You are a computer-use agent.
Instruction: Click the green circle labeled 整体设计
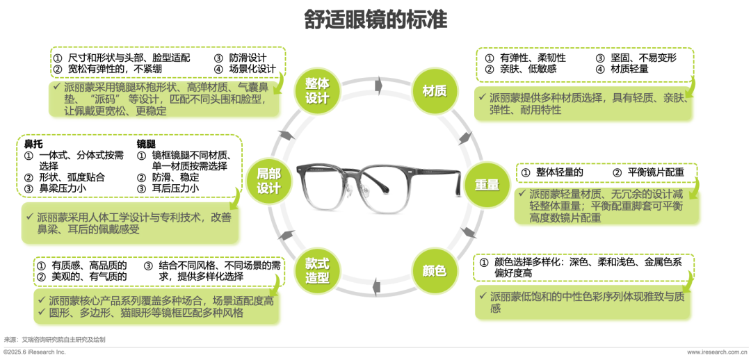[x=316, y=90]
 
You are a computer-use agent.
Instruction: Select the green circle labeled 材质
[x=434, y=90]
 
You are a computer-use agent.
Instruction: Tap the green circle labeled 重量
[x=487, y=186]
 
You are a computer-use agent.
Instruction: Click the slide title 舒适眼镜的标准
[x=375, y=19]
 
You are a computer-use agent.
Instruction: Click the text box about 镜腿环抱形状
[x=165, y=99]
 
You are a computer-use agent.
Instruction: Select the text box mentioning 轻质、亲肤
[x=585, y=105]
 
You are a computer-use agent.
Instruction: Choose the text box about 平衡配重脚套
[x=608, y=206]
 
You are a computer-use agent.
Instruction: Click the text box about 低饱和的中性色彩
[x=584, y=302]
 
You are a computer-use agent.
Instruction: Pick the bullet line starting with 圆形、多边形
[x=147, y=313]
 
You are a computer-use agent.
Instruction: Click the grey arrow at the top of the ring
[x=378, y=83]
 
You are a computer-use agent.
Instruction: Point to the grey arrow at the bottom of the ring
[x=376, y=285]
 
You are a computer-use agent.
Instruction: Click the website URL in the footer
[x=713, y=353]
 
